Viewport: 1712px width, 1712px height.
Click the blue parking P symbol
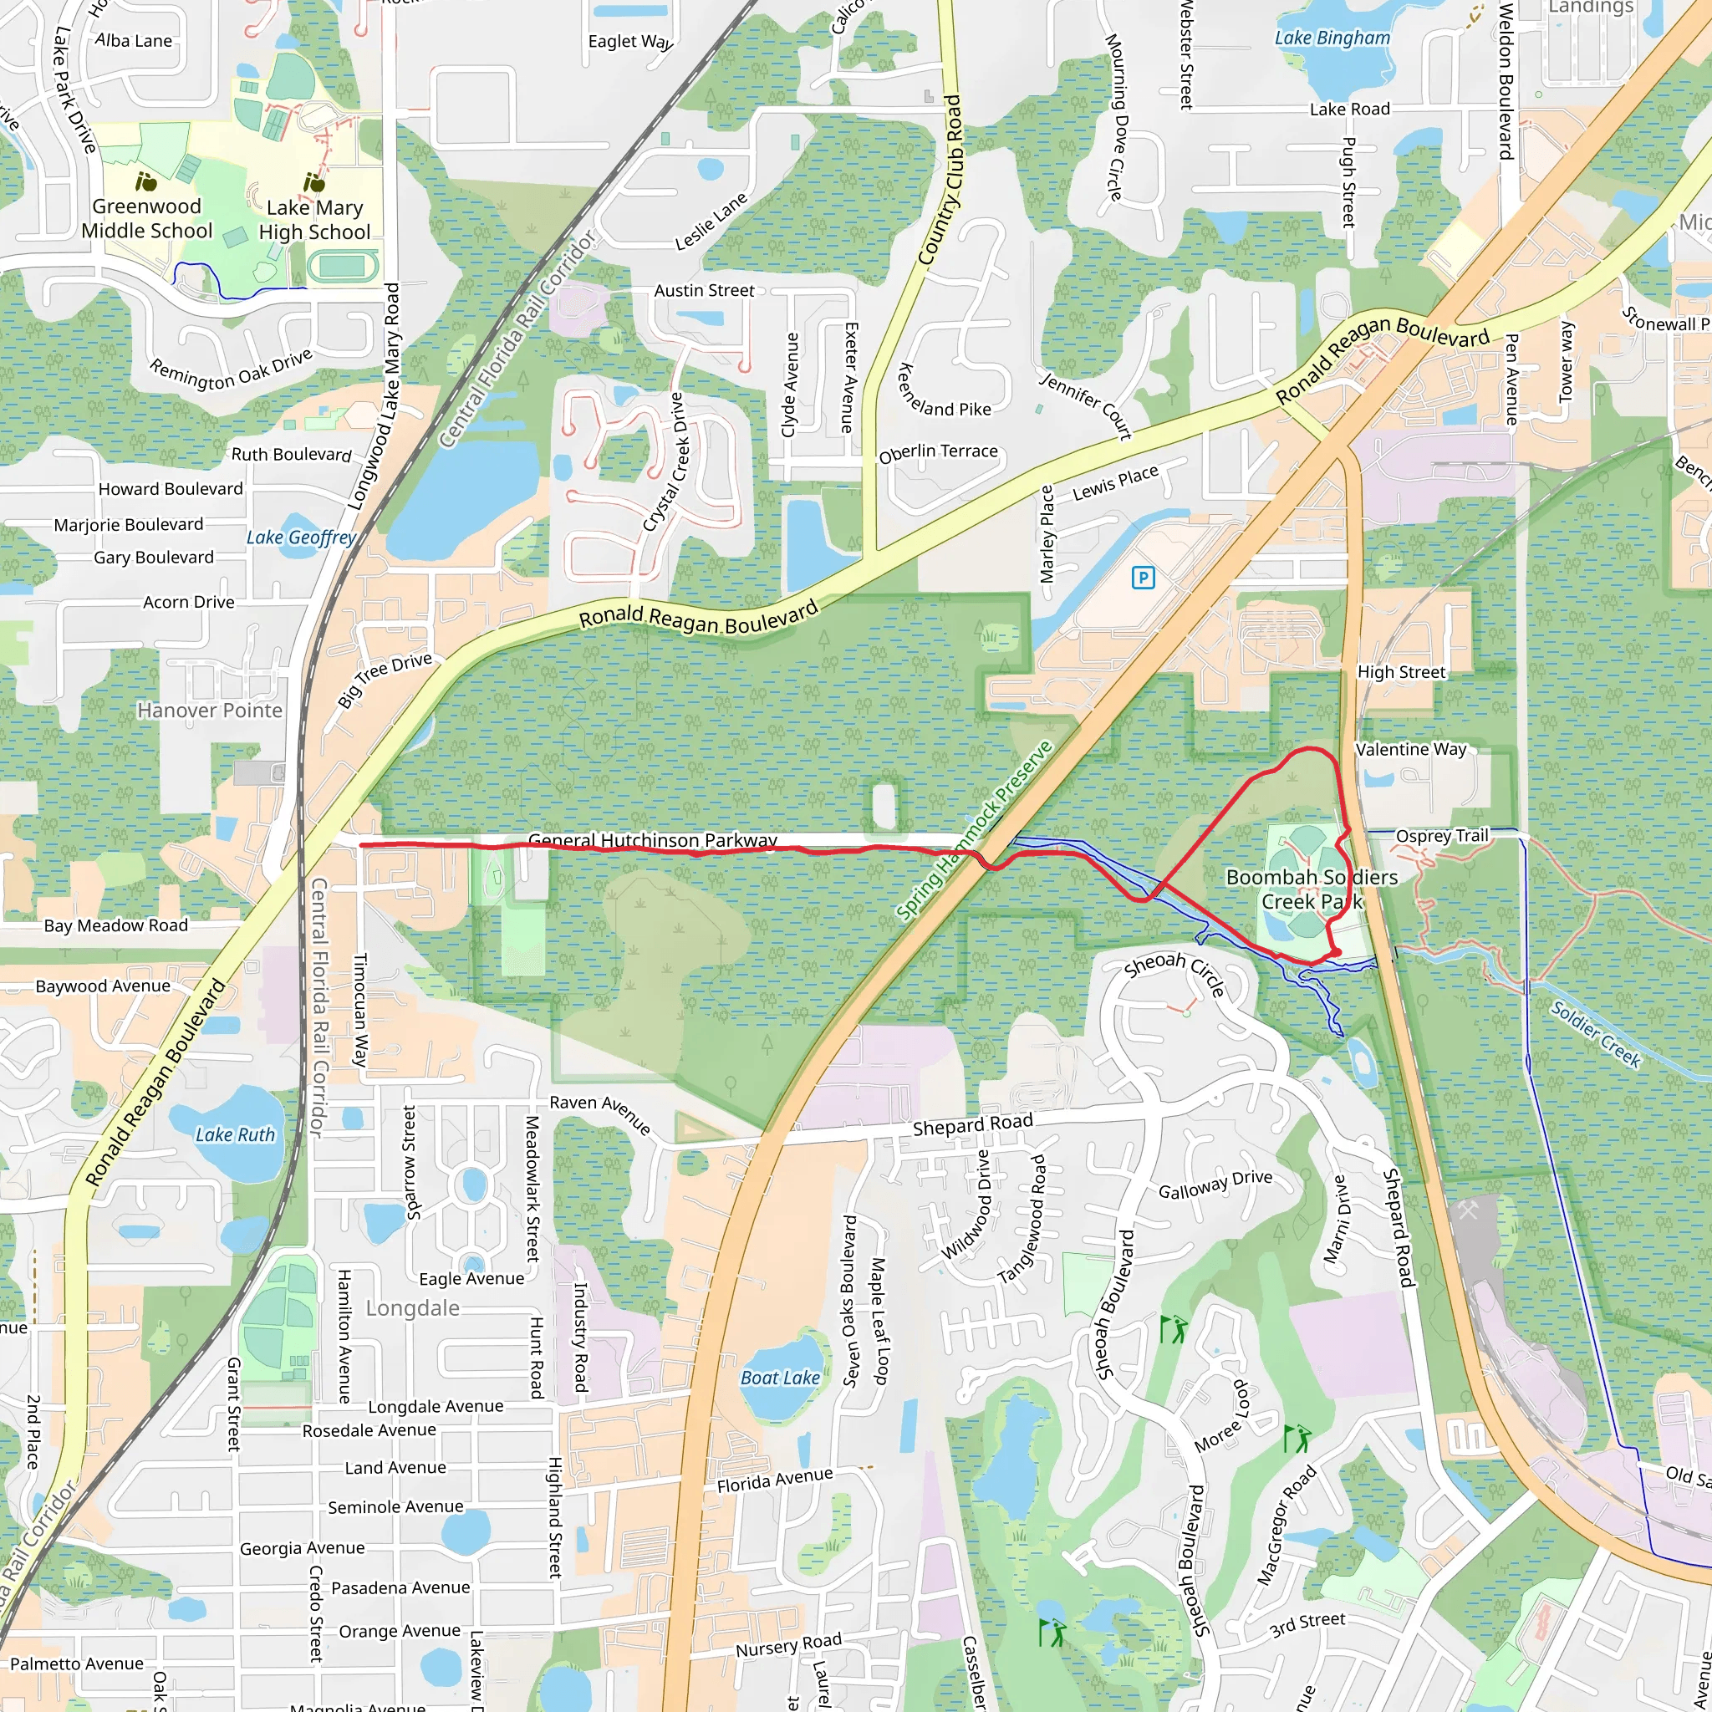(1143, 578)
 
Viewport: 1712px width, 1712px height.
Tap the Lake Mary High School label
(314, 220)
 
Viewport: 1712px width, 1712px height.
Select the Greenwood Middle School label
(147, 218)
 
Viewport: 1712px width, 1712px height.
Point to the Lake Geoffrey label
(301, 538)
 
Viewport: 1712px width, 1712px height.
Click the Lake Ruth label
(235, 1135)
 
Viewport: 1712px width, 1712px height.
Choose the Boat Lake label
(780, 1378)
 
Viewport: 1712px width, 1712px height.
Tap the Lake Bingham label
(1332, 38)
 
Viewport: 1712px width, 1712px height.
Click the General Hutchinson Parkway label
(652, 839)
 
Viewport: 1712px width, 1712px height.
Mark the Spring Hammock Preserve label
(974, 830)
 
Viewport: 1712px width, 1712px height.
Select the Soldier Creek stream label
(1596, 1033)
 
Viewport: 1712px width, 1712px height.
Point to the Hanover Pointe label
(210, 711)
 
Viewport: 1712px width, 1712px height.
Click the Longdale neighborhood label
(413, 1309)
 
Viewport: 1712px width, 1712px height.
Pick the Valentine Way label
(1411, 750)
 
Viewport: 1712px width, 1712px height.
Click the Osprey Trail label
(1442, 836)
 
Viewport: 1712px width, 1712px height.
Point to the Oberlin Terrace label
(938, 453)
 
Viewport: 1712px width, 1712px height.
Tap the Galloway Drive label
(1215, 1185)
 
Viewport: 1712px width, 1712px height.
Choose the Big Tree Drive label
(385, 679)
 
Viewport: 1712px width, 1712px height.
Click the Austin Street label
(705, 291)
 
